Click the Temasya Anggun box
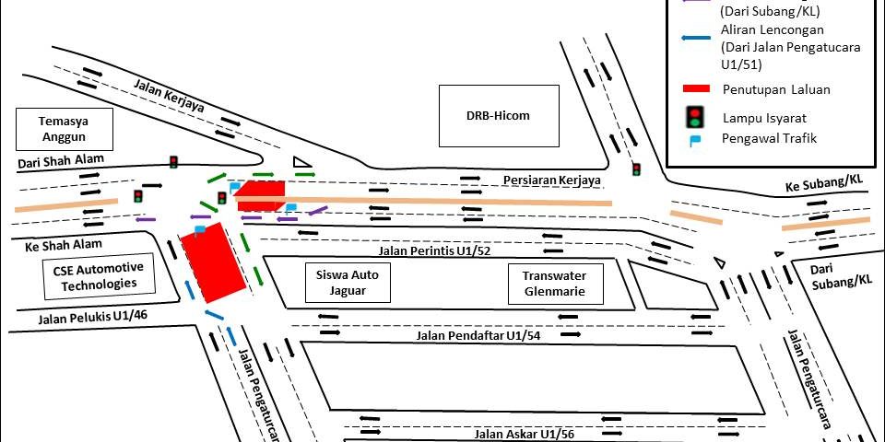(x=65, y=129)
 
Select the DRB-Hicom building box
(x=499, y=116)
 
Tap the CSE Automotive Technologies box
(x=99, y=275)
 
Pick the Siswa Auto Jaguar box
(x=348, y=283)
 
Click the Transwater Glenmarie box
(x=555, y=284)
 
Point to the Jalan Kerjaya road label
(x=169, y=96)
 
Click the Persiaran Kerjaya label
(x=552, y=180)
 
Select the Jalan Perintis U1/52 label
(x=434, y=250)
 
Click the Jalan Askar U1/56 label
(x=524, y=434)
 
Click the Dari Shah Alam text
(x=61, y=162)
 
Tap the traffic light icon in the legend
(x=693, y=117)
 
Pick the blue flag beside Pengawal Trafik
(x=694, y=139)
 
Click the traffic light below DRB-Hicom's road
(x=637, y=169)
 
